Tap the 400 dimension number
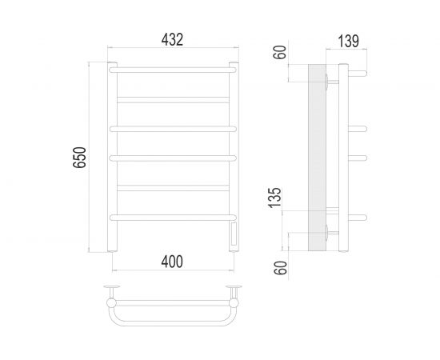173,262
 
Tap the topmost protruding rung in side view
358,74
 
